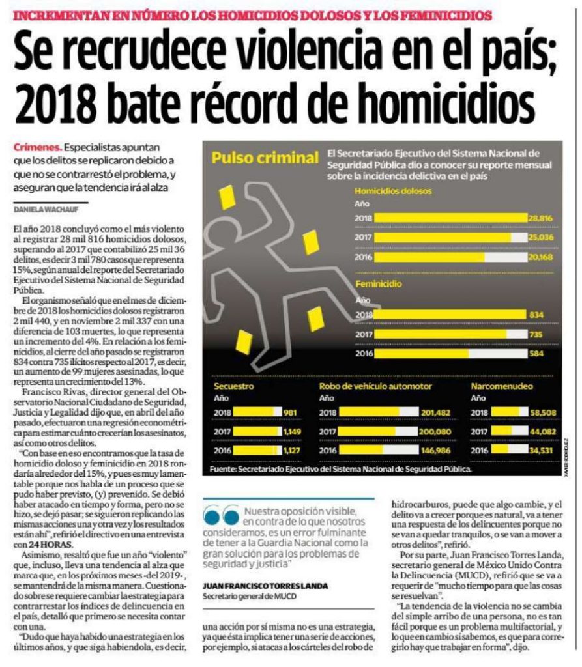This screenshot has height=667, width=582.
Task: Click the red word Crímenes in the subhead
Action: (37, 147)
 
